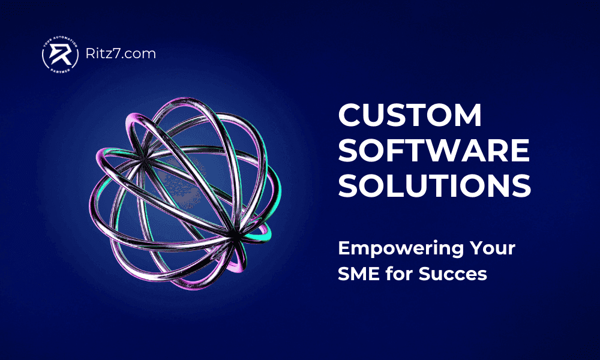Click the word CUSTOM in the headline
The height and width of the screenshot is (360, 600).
410,115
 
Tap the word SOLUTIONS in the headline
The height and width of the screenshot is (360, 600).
434,186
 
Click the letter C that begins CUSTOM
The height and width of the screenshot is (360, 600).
350,115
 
